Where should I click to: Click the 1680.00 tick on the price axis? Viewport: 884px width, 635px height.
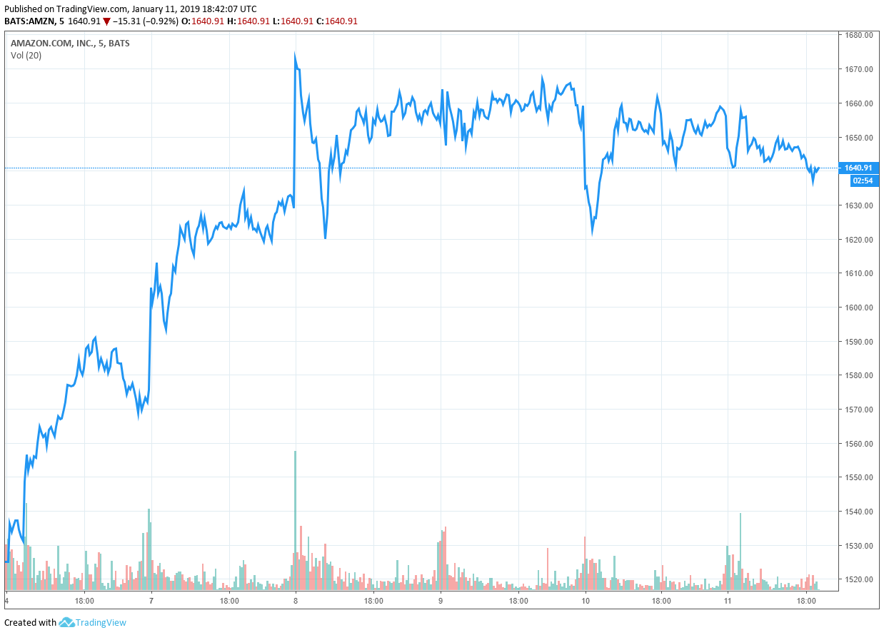coord(858,35)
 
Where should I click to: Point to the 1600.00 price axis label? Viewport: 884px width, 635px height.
coord(858,308)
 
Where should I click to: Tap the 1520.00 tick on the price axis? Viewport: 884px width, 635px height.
coord(858,579)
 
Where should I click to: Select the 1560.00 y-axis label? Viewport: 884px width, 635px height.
coord(858,444)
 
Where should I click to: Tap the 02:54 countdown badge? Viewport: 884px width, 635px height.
coord(863,181)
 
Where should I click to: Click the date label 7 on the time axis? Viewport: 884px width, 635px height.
coord(151,601)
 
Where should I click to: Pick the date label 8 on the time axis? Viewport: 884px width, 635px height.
coord(296,601)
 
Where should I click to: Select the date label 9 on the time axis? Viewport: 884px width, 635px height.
coord(441,601)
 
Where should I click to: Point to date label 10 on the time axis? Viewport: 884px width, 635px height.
coord(586,601)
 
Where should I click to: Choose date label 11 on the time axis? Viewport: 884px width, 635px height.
coord(727,601)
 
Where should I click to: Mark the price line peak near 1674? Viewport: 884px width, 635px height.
coord(295,55)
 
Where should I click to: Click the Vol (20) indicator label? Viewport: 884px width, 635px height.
coord(26,56)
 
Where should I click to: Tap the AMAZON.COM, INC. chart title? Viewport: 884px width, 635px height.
coord(51,43)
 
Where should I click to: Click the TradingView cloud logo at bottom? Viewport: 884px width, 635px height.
coord(67,622)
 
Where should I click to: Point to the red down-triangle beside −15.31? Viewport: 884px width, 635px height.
coord(106,21)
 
